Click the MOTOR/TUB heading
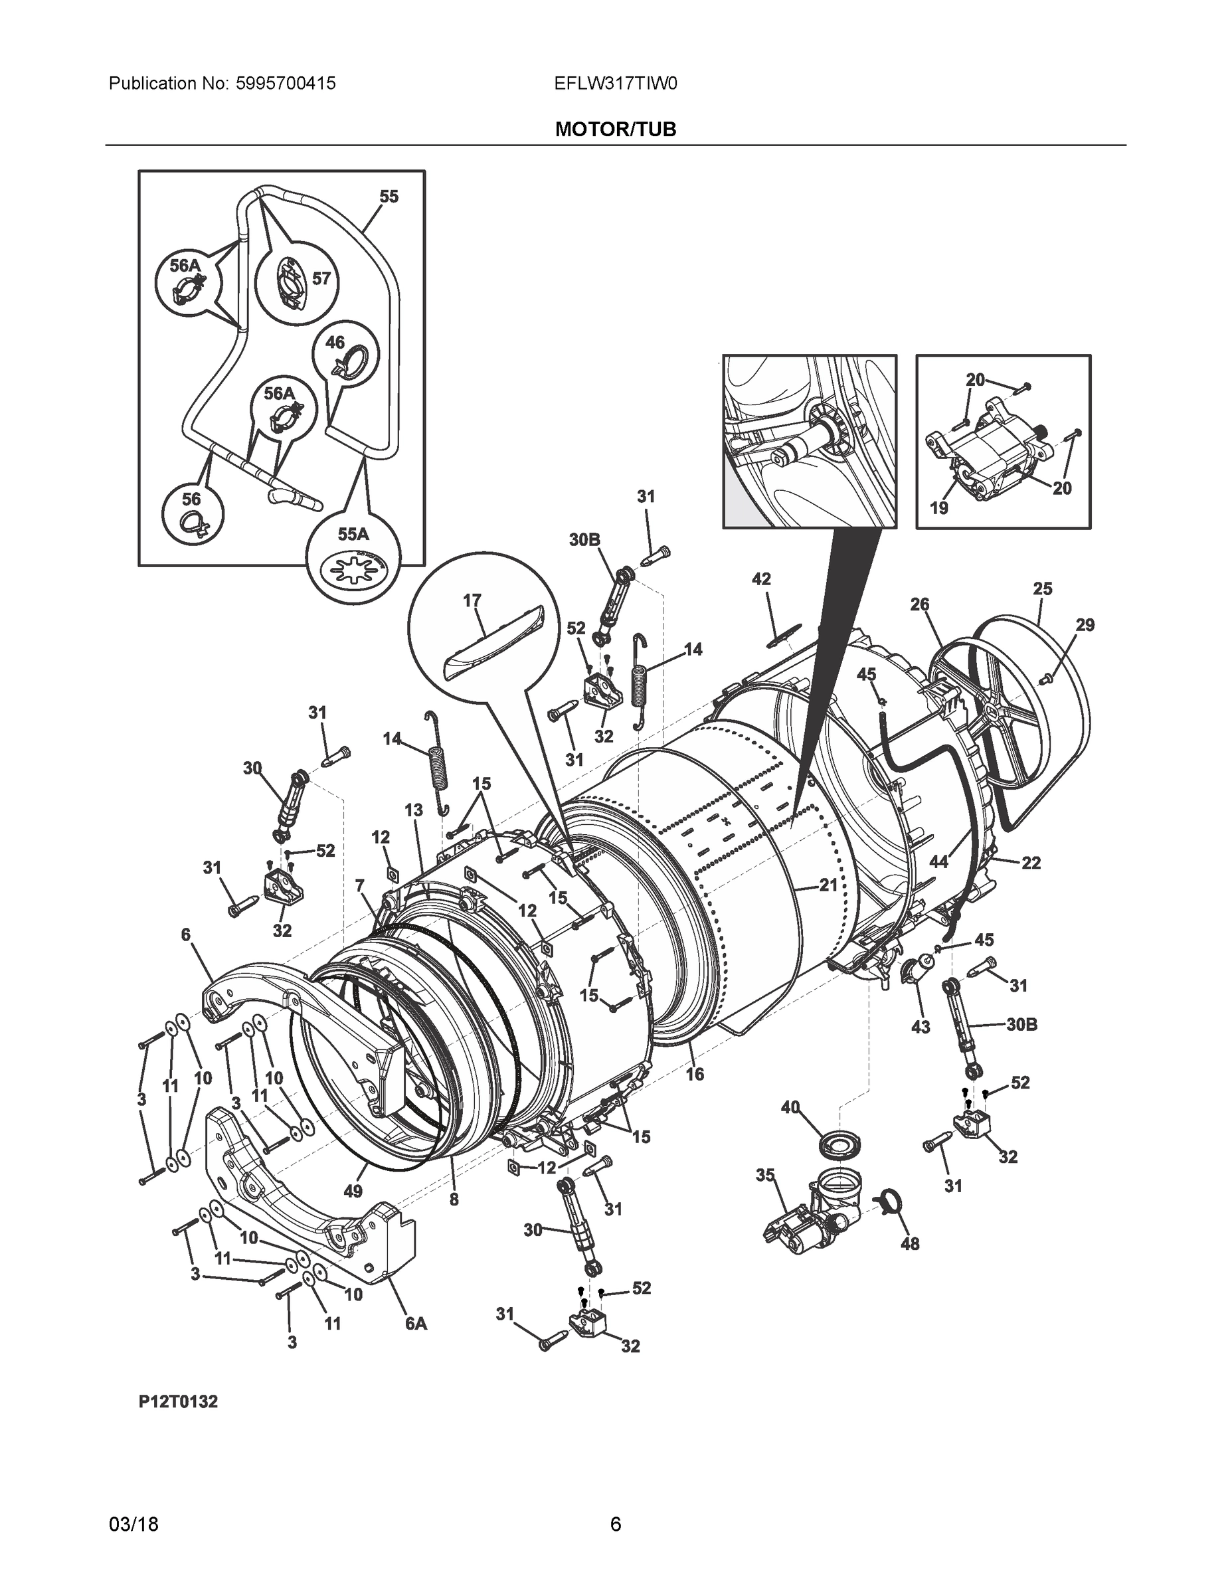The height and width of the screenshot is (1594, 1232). click(615, 130)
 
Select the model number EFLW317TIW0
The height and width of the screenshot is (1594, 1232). click(615, 84)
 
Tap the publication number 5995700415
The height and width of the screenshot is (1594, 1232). click(286, 84)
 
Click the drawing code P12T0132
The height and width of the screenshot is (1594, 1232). click(178, 1402)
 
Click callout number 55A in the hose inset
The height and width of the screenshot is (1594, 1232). click(353, 534)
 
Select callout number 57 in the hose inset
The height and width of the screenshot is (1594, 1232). click(321, 278)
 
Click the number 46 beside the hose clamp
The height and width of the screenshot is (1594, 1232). click(334, 342)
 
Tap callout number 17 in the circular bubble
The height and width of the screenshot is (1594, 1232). click(472, 600)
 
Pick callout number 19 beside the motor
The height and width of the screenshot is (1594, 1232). click(938, 507)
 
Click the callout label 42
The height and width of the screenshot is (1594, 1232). click(761, 578)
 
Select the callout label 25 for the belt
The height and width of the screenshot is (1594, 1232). click(1042, 588)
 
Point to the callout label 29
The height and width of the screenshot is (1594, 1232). click(1085, 625)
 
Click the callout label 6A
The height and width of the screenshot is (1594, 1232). click(416, 1322)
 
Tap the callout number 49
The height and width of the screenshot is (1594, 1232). click(353, 1191)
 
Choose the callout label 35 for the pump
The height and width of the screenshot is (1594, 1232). click(765, 1175)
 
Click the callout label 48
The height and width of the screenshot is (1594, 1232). click(910, 1244)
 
